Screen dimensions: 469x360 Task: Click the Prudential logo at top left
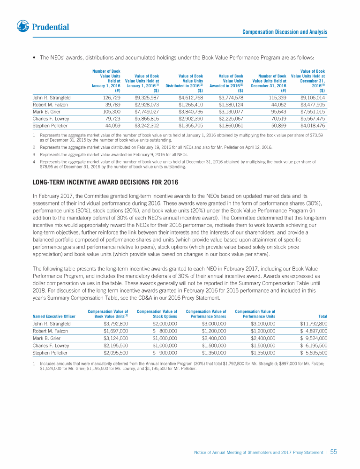click(43, 26)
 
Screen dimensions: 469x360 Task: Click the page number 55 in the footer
click(334, 452)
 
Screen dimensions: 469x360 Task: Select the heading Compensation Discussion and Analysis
click(285, 32)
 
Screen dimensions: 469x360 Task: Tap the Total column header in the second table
click(322, 316)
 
